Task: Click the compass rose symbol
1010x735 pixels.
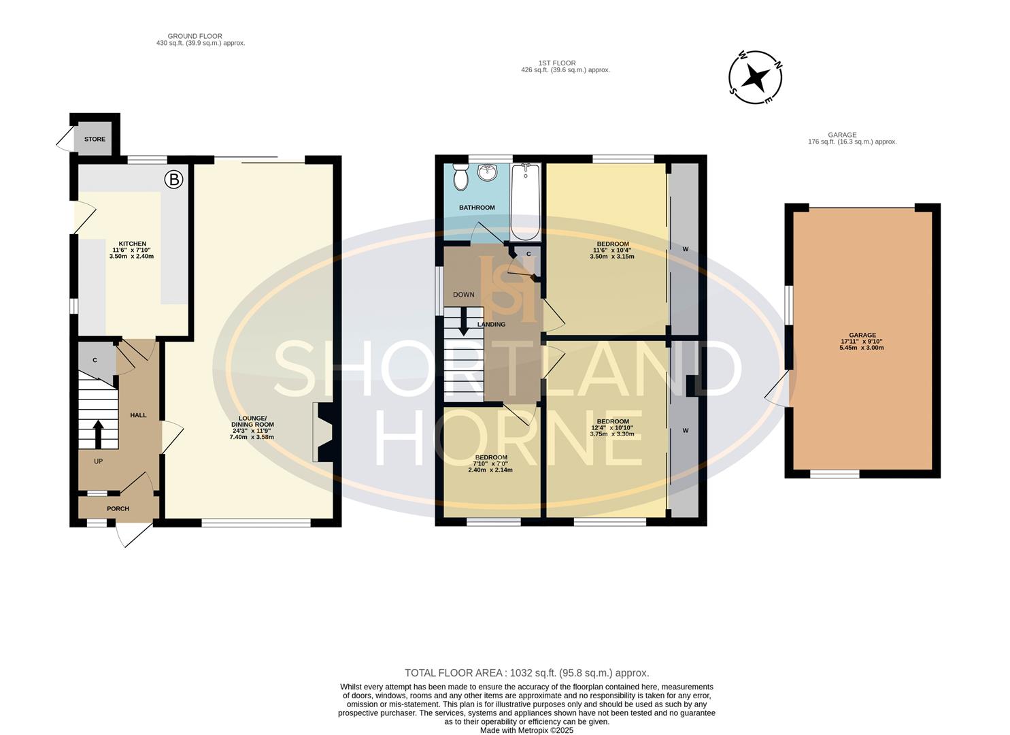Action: [755, 78]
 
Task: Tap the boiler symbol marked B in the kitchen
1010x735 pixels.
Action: [174, 180]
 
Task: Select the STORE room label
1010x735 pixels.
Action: [95, 139]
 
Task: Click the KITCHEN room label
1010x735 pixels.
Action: [133, 244]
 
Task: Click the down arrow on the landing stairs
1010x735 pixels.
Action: [464, 321]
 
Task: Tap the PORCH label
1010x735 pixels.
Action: [118, 508]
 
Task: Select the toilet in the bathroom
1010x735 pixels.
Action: [461, 178]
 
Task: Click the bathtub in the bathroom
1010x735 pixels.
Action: [525, 201]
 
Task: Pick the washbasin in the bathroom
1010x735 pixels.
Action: [488, 173]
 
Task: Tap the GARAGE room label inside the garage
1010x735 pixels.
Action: [862, 335]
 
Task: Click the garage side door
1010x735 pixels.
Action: [779, 391]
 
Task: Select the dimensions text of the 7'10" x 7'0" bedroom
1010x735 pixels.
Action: [490, 467]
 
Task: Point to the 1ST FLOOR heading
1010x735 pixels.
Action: [556, 63]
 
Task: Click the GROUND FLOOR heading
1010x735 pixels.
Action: [195, 36]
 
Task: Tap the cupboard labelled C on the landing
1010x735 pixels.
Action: [528, 255]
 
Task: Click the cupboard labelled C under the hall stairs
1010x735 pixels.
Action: [95, 360]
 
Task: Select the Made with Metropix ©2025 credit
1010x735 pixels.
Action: [526, 730]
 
